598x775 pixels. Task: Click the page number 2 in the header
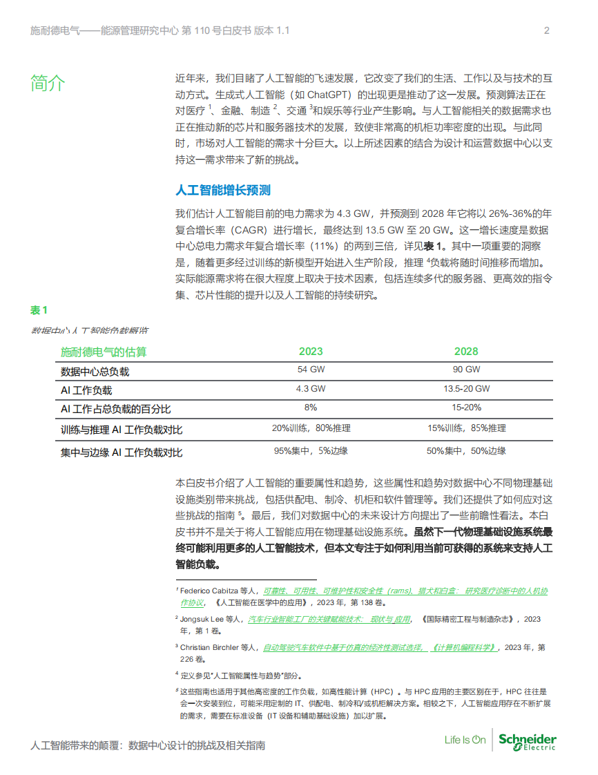coord(547,30)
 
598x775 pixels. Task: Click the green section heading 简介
coord(48,84)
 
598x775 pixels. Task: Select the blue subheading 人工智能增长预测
coord(223,190)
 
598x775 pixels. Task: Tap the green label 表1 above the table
coord(39,309)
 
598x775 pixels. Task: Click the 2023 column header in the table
coord(311,352)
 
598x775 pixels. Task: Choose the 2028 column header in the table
coord(466,352)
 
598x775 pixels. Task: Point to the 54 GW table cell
coord(311,370)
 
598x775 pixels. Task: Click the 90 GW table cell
coord(466,370)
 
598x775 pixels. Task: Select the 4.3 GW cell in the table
coord(311,389)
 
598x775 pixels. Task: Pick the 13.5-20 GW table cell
coord(466,389)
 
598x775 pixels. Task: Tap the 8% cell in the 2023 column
coord(311,408)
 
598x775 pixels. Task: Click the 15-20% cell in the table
coord(466,408)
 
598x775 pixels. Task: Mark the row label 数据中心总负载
coord(95,372)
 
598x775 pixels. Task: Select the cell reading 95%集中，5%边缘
coord(311,451)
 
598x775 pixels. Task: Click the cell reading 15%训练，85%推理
coord(466,429)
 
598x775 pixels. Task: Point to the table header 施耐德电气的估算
coord(104,352)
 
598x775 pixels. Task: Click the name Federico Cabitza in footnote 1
coord(209,591)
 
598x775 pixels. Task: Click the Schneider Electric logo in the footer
coord(527,740)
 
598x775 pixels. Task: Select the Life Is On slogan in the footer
coord(465,740)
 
